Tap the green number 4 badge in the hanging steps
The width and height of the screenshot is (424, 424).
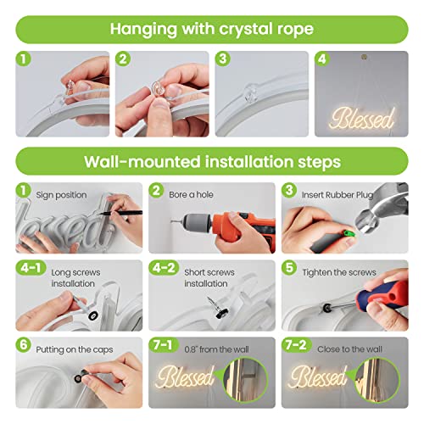tap(322, 59)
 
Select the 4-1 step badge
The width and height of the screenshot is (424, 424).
tap(31, 268)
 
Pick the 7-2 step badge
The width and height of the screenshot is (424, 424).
tap(297, 345)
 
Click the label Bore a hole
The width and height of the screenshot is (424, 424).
tap(191, 195)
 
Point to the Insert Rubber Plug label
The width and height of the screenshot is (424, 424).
tap(338, 195)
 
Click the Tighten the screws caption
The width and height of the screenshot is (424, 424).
tap(339, 272)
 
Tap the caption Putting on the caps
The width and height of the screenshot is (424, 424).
tap(75, 350)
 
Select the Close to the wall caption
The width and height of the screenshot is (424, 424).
tap(349, 349)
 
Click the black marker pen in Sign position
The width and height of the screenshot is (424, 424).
tap(121, 213)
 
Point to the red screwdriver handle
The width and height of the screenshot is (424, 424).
tap(382, 295)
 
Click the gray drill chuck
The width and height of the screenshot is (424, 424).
tap(198, 222)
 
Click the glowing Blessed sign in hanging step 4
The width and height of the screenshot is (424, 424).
tap(362, 118)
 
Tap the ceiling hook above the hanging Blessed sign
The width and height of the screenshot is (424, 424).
tap(364, 57)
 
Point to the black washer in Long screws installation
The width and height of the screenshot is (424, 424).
tap(93, 315)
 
